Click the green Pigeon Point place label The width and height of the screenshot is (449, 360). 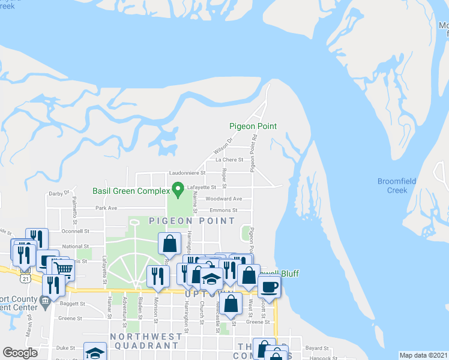click(x=253, y=126)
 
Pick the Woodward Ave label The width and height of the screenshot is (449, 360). click(x=224, y=199)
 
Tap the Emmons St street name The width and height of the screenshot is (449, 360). click(x=223, y=211)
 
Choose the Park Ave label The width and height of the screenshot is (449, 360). click(x=105, y=208)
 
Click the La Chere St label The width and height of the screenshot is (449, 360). click(x=229, y=160)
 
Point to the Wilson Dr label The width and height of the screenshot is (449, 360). click(x=223, y=145)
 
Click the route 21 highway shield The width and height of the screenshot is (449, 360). click(x=25, y=280)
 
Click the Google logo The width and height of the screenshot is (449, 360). click(x=20, y=353)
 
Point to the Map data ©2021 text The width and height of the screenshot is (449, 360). click(x=423, y=355)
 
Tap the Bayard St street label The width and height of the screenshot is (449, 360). click(x=318, y=347)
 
